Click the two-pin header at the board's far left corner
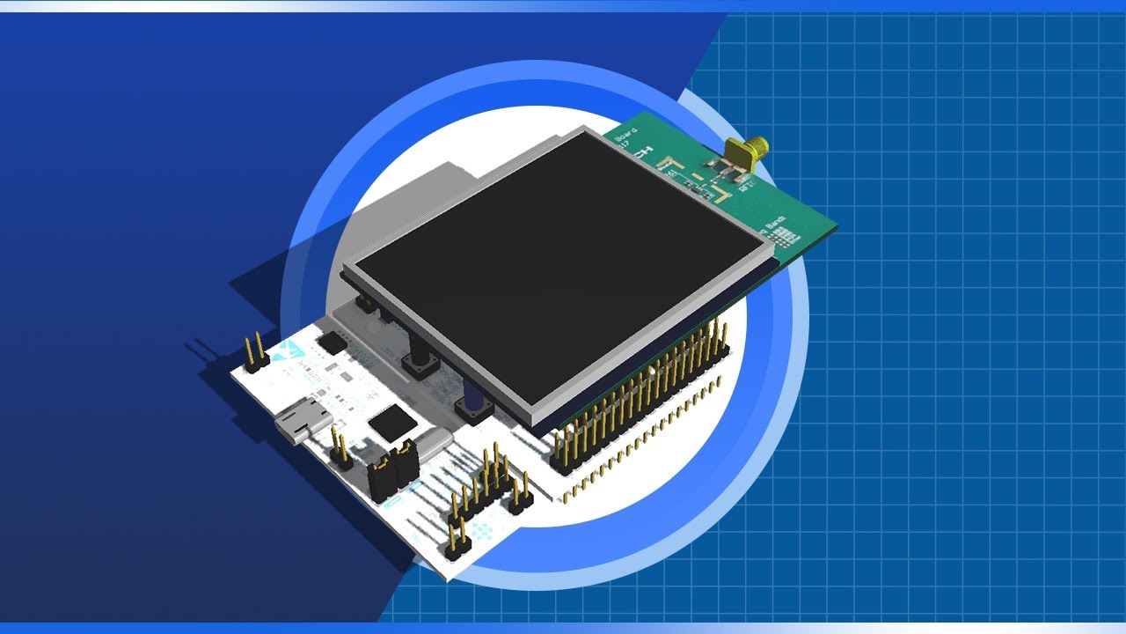click(255, 352)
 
